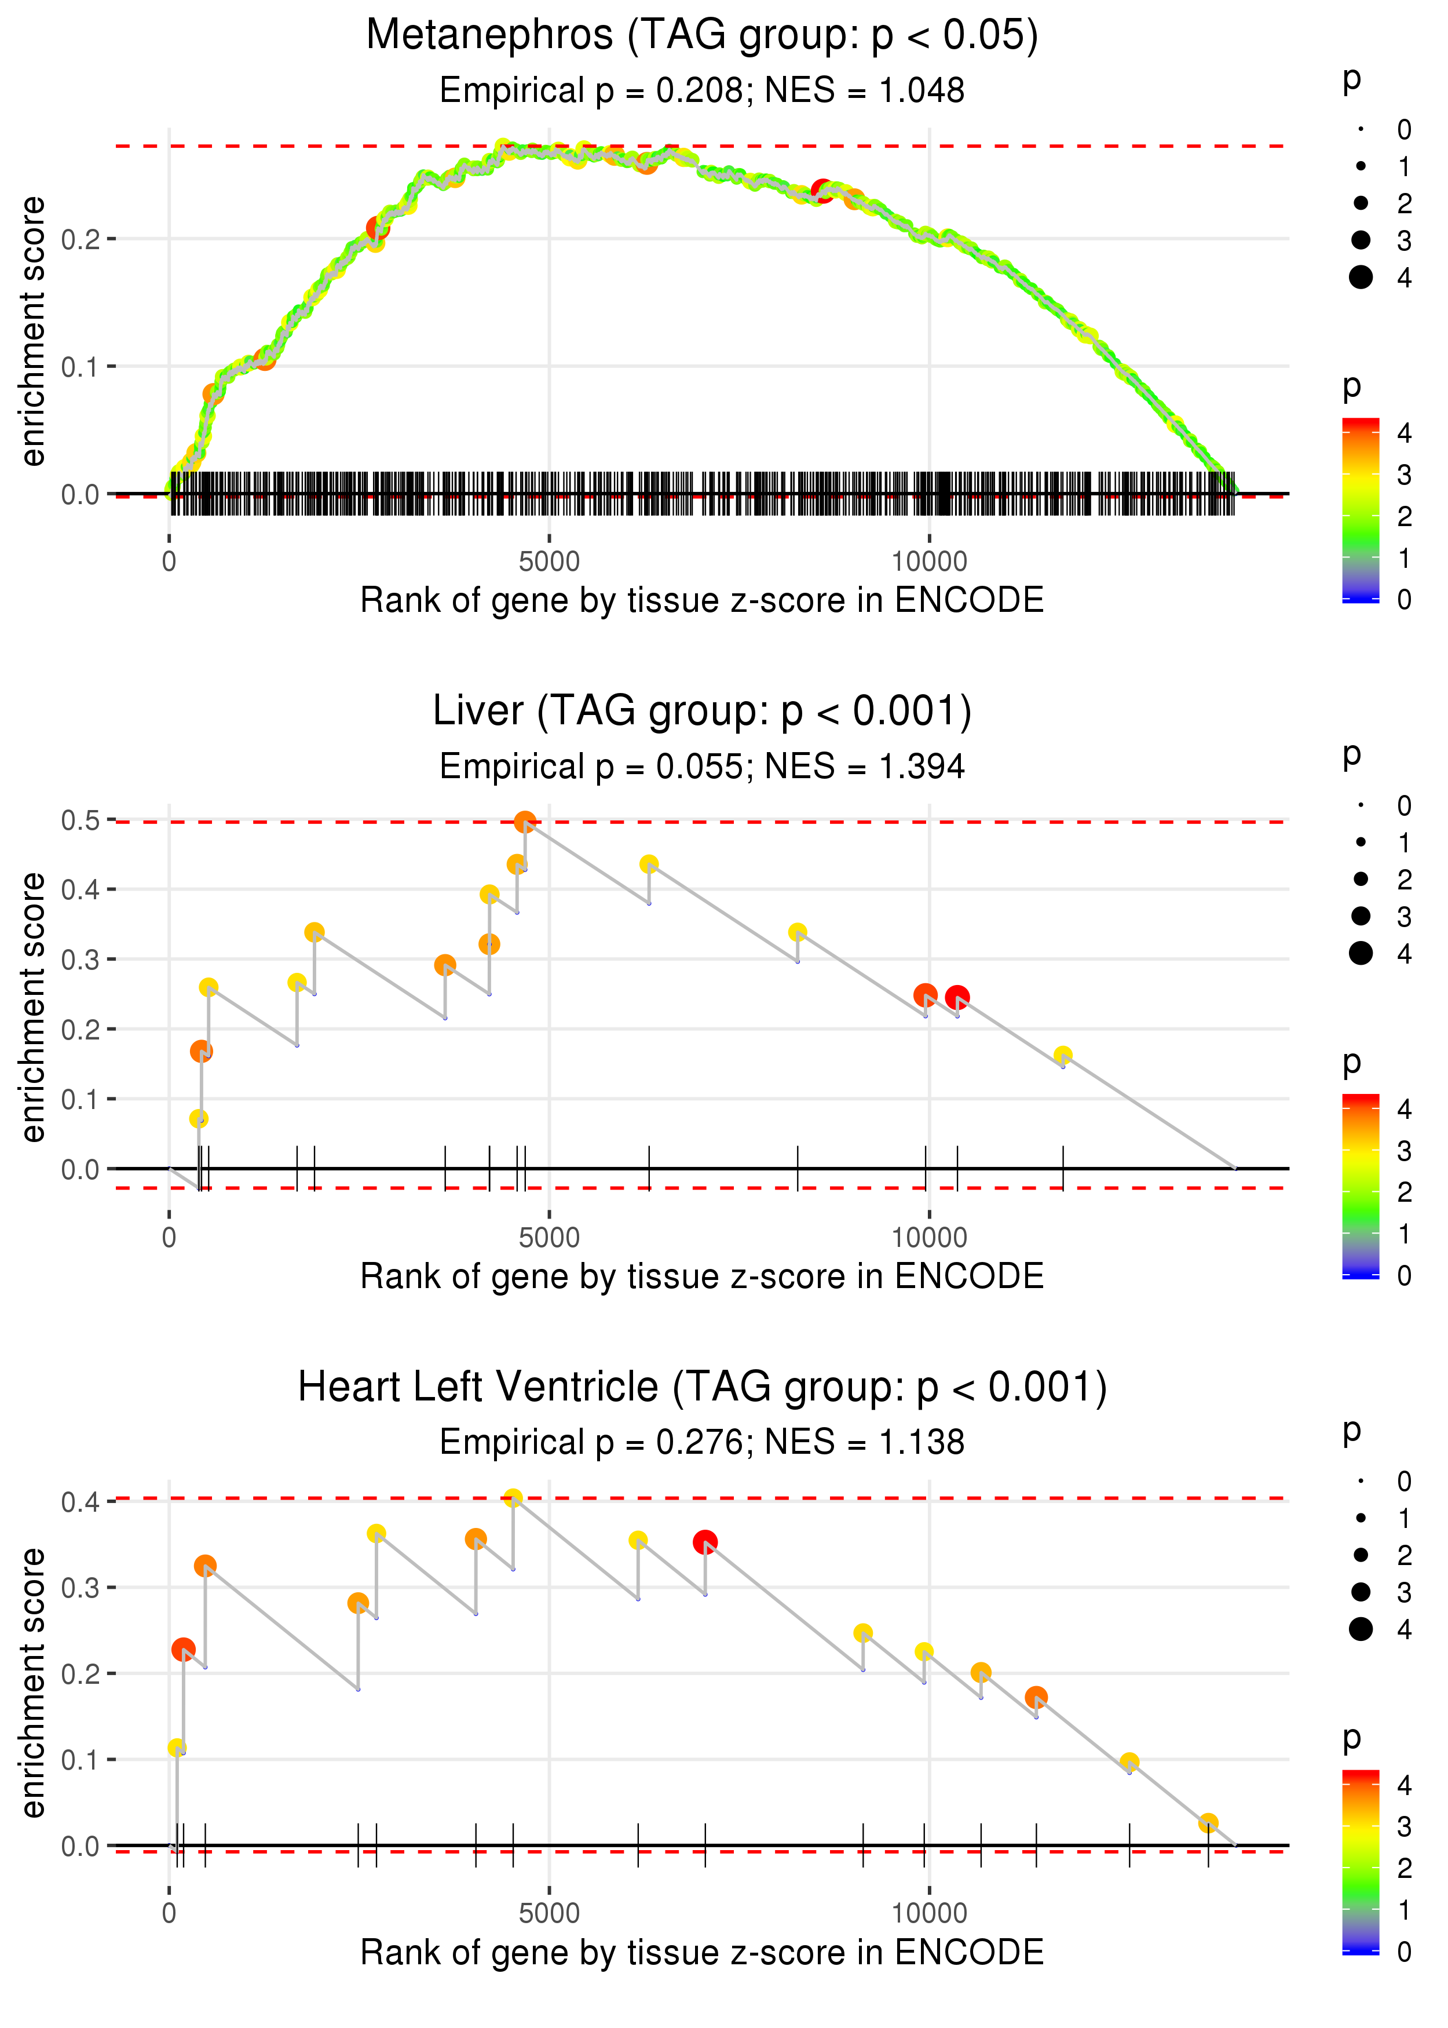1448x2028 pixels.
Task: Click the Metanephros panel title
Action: pos(702,36)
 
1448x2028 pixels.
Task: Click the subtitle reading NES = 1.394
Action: pos(864,766)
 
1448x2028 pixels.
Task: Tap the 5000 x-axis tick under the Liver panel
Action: pos(549,1237)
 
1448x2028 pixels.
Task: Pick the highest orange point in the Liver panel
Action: pos(525,822)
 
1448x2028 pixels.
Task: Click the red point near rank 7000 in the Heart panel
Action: pos(705,1542)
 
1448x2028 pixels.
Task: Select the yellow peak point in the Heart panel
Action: pos(513,1498)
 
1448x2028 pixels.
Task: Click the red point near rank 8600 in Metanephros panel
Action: pos(822,191)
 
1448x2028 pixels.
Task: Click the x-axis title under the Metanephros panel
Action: pos(702,600)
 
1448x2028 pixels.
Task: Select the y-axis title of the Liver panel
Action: pos(33,1007)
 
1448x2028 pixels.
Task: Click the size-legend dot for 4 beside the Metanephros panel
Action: pos(1361,278)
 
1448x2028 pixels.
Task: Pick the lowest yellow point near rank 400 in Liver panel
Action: pos(199,1118)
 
